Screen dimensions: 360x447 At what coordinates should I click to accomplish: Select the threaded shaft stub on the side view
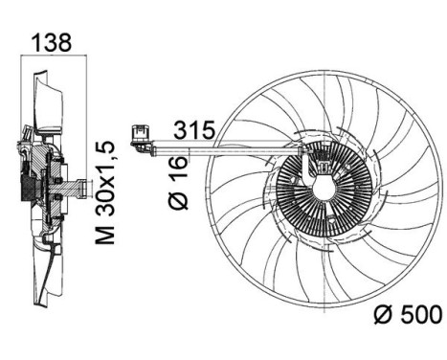[79, 184]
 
